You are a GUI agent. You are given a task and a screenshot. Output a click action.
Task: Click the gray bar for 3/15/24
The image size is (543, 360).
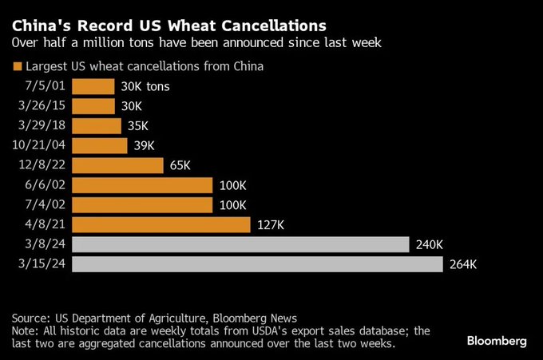(x=257, y=264)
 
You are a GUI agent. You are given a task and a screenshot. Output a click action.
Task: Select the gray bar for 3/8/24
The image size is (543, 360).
(x=240, y=244)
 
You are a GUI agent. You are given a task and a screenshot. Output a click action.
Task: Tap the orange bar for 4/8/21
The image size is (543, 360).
(x=161, y=224)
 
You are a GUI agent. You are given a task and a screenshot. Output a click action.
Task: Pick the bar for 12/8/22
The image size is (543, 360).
(x=118, y=165)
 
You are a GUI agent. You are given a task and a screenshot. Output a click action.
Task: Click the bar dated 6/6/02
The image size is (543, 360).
(x=142, y=185)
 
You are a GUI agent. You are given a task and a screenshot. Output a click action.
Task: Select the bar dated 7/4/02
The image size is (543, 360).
(x=142, y=205)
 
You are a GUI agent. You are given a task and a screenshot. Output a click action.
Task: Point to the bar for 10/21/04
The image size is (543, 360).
(x=100, y=145)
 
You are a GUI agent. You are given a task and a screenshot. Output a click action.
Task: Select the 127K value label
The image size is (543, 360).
(x=271, y=224)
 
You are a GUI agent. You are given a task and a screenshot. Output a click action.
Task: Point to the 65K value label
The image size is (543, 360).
(x=180, y=165)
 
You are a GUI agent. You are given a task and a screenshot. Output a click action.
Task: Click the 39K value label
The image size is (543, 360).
(x=144, y=145)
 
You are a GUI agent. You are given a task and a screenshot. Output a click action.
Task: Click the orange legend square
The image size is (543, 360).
(x=17, y=67)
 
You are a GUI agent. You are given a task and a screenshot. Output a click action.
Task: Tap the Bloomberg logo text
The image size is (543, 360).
(x=496, y=341)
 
